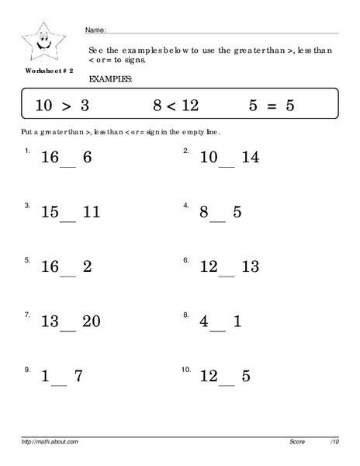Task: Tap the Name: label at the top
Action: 95,30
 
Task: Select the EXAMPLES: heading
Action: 110,79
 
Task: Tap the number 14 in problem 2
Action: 249,158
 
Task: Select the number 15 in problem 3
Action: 50,212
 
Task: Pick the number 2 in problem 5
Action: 87,267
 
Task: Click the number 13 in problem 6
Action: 249,267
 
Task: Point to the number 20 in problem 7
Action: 91,322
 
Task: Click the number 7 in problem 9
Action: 78,377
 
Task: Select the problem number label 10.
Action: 185,369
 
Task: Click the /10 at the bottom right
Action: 334,441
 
